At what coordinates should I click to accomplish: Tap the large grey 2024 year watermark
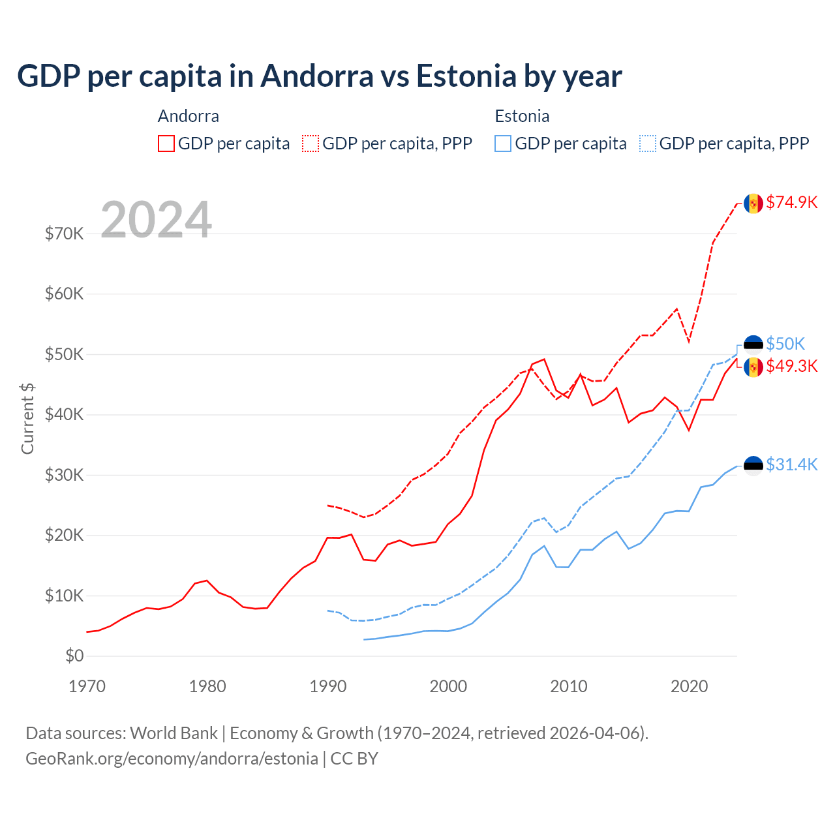point(156,220)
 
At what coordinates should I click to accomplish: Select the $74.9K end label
point(791,202)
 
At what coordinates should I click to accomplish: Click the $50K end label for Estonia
point(785,344)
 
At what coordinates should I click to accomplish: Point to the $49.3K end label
point(791,366)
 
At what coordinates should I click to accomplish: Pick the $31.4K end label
point(791,464)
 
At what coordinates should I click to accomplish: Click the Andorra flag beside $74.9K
point(753,204)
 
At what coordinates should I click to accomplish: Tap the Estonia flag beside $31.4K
point(753,465)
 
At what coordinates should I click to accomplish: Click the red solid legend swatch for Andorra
point(166,144)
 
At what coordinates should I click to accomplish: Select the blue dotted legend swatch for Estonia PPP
point(648,144)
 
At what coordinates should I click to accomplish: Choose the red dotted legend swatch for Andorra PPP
point(311,144)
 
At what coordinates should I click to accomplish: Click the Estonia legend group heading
point(522,116)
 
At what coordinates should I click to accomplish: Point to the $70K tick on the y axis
point(64,234)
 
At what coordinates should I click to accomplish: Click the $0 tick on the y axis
point(74,656)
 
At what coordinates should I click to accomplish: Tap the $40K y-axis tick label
point(64,415)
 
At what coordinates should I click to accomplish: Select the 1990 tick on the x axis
point(327,686)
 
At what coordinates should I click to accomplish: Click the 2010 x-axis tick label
point(568,686)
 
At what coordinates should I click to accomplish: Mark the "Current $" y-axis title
point(27,419)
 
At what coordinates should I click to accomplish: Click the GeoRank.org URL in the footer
point(172,759)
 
